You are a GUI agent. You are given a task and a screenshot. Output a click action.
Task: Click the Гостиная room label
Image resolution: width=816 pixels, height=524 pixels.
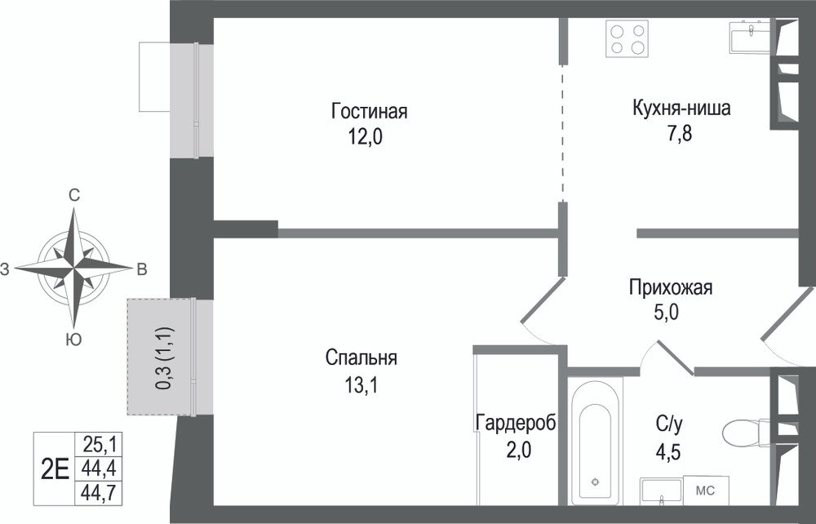pyautogui.click(x=369, y=111)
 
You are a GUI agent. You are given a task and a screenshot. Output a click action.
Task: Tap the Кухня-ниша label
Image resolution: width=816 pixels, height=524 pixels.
pyautogui.click(x=681, y=109)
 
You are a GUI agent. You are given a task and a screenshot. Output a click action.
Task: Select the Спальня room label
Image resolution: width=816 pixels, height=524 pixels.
pyautogui.click(x=361, y=358)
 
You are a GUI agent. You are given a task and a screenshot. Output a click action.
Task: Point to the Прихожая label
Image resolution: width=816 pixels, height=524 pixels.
pyautogui.click(x=670, y=287)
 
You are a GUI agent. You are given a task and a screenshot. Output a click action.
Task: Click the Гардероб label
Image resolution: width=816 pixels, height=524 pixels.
pyautogui.click(x=515, y=423)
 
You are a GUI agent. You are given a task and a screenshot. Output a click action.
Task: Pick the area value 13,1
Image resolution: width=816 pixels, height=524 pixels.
pyautogui.click(x=361, y=385)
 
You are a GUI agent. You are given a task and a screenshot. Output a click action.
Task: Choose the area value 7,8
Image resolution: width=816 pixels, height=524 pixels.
pyautogui.click(x=681, y=134)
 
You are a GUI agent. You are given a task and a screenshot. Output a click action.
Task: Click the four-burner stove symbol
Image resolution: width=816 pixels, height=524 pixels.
pyautogui.click(x=628, y=39)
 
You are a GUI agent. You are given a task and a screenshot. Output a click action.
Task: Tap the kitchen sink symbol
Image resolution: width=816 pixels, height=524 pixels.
pyautogui.click(x=750, y=37)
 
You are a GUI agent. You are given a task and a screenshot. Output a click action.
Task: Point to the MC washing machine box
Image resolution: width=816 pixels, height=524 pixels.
pyautogui.click(x=706, y=491)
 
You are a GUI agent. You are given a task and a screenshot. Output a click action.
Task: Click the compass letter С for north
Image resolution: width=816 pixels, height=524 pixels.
pyautogui.click(x=74, y=196)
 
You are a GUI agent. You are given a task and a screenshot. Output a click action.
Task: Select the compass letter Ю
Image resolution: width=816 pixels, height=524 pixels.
pyautogui.click(x=74, y=340)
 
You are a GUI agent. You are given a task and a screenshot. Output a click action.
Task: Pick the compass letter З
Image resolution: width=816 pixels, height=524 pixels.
pyautogui.click(x=5, y=269)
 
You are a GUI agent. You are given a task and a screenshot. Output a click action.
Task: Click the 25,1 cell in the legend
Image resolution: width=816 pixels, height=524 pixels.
pyautogui.click(x=99, y=445)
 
